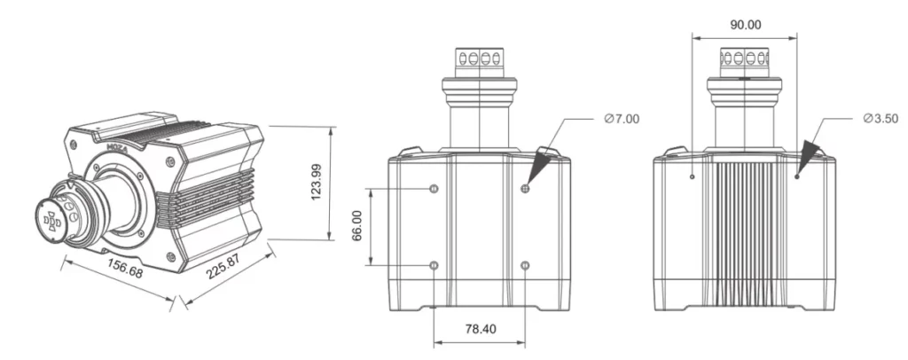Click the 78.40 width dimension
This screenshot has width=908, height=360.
[480, 329]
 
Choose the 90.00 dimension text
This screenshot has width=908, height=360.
[745, 25]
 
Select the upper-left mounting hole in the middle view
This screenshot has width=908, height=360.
[433, 189]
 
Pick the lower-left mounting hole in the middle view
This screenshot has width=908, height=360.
[433, 265]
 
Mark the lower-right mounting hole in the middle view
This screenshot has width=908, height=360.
[526, 265]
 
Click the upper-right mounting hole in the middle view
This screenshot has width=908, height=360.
[526, 189]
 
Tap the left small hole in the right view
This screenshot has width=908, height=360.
[691, 176]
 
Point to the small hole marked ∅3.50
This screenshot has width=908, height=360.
[797, 176]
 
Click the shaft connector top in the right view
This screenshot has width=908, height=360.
[745, 60]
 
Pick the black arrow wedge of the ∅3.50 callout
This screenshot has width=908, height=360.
[809, 155]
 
